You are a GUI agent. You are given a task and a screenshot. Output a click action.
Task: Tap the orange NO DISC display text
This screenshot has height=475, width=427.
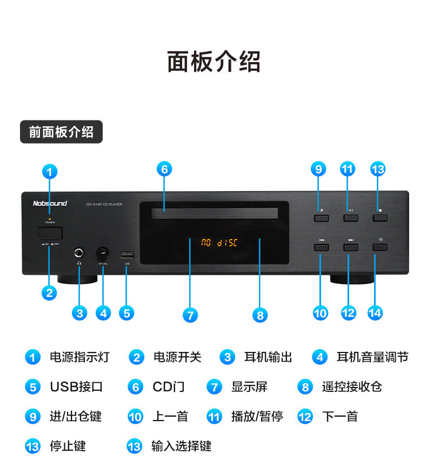pyautogui.click(x=219, y=242)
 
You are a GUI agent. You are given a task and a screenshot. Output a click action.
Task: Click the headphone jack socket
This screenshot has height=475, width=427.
pyautogui.click(x=80, y=252)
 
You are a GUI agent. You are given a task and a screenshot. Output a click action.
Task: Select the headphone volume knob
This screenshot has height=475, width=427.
pyautogui.click(x=103, y=253)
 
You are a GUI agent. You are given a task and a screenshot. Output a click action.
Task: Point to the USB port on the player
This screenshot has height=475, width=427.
pyautogui.click(x=127, y=254)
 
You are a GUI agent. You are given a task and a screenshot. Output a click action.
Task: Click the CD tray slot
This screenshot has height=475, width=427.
pyautogui.click(x=215, y=214)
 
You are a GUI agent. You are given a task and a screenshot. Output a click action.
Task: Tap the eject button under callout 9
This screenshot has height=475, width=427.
pyautogui.click(x=321, y=218)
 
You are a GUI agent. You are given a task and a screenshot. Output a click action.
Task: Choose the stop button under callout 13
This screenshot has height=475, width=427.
pyautogui.click(x=380, y=218)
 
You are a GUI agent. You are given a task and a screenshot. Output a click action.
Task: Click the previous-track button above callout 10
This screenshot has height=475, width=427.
pyautogui.click(x=321, y=247)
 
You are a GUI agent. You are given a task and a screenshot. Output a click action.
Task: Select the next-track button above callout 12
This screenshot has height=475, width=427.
pyautogui.click(x=351, y=247)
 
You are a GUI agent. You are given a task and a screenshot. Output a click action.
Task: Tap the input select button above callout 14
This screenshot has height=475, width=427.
pyautogui.click(x=380, y=247)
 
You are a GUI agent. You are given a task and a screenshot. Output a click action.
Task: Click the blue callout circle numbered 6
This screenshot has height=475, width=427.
pyautogui.click(x=165, y=169)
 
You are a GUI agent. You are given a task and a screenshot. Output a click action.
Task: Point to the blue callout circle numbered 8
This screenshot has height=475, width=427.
pyautogui.click(x=260, y=315)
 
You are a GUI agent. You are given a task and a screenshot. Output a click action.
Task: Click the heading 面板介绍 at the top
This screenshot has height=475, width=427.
pyautogui.click(x=213, y=62)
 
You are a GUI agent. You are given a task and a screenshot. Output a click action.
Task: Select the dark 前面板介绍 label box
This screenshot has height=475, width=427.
pyautogui.click(x=61, y=132)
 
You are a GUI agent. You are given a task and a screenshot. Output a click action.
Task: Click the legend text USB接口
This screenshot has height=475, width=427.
pyautogui.click(x=76, y=387)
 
